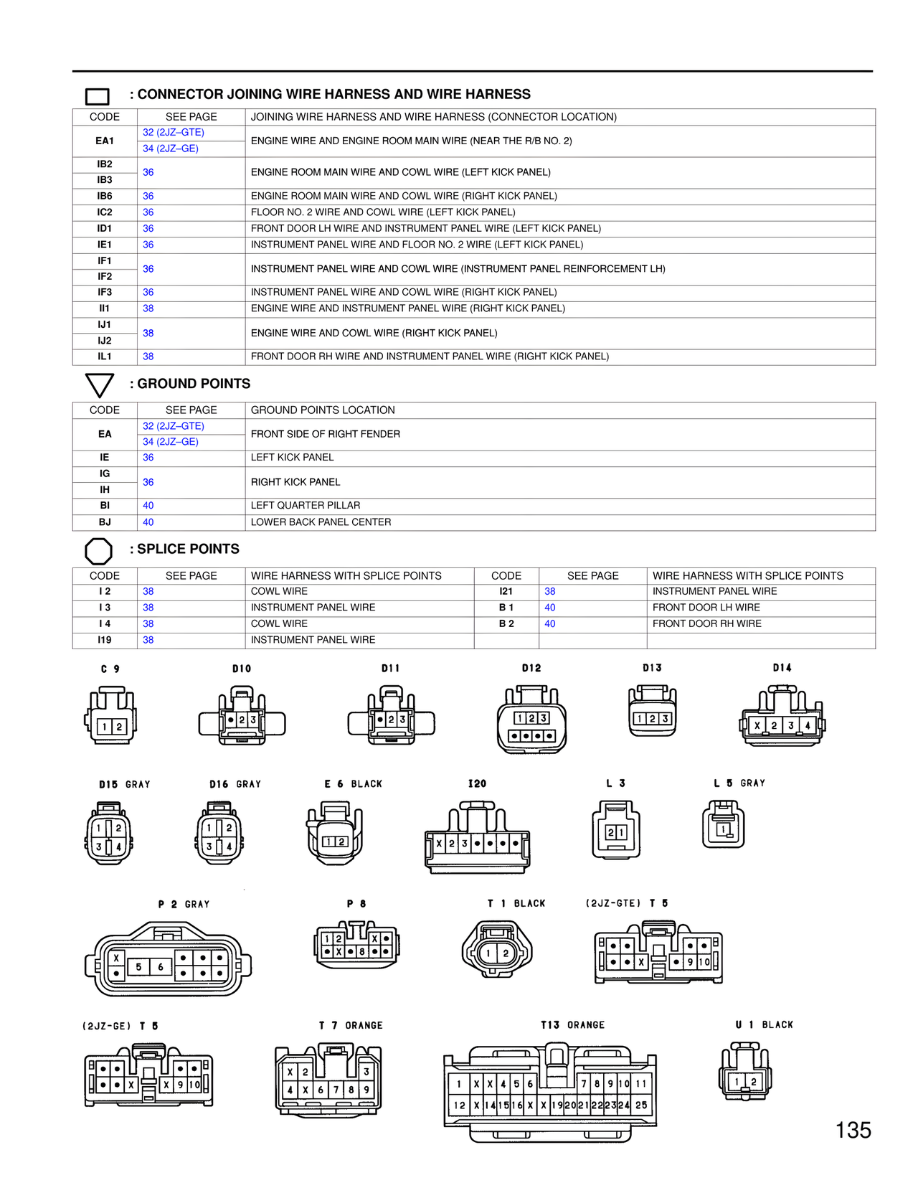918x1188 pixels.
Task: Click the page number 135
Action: pos(853,1131)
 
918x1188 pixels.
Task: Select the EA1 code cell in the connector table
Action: pos(105,141)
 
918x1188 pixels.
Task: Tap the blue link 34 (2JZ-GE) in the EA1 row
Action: pos(170,148)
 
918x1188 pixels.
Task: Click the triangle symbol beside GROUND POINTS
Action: pos(99,385)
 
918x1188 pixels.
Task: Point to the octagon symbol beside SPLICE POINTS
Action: pos(98,551)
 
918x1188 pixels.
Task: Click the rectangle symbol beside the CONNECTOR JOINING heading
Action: pos(97,96)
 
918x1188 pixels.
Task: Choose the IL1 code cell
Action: pos(105,357)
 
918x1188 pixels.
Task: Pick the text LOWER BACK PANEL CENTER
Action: pos(321,522)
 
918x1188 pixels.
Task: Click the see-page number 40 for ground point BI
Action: pos(148,506)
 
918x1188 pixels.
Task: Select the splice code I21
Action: pos(506,591)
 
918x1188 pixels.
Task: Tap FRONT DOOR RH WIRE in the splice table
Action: pos(706,623)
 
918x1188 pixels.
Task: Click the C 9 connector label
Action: pos(110,669)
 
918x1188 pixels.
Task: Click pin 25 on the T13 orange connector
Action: pos(641,1105)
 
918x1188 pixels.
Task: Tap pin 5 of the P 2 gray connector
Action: pos(138,967)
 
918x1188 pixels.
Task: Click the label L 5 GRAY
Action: pos(739,783)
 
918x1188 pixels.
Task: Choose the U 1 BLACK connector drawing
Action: pos(745,1072)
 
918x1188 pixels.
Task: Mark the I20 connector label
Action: pos(477,783)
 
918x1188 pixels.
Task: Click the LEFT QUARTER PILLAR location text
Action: pos(306,506)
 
